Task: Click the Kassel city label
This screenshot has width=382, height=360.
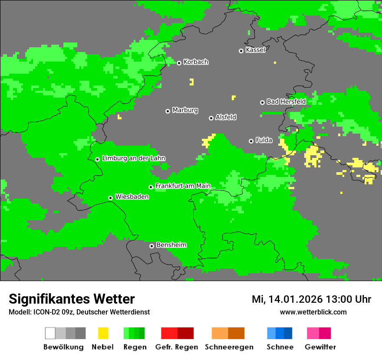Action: tap(255, 50)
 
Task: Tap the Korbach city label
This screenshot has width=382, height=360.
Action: tap(196, 62)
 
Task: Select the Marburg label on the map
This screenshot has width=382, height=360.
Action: tap(185, 110)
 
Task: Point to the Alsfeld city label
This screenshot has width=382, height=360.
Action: tap(226, 118)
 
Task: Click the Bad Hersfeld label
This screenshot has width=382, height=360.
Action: tap(286, 101)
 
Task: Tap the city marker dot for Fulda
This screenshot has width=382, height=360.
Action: tap(251, 141)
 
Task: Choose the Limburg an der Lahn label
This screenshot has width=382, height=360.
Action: tap(133, 158)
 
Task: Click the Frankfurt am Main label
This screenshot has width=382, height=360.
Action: tap(183, 186)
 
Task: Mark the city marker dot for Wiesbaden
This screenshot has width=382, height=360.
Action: tap(111, 198)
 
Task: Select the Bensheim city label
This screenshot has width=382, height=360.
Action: tap(171, 245)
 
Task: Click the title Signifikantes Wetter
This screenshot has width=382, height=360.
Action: tap(72, 299)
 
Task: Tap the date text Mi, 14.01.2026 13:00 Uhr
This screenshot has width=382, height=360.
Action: tap(311, 299)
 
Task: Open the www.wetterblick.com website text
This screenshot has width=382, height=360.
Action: tap(313, 312)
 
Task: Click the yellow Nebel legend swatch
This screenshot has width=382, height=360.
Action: tap(103, 333)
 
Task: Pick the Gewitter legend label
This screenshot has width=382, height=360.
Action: tap(320, 347)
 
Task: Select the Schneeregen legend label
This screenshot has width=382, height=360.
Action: tap(229, 347)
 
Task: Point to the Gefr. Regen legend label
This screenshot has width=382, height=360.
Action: tap(176, 347)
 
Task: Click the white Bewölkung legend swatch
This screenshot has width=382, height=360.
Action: tap(50, 333)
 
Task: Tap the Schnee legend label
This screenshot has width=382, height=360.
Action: tap(280, 347)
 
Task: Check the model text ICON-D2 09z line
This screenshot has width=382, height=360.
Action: tap(79, 312)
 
